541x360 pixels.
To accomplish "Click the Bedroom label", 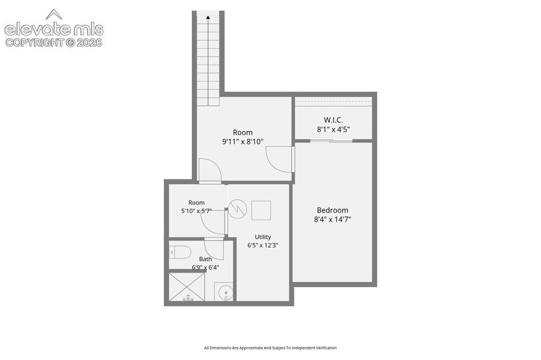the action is click(x=332, y=210).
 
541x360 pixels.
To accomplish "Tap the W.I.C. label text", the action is click(x=333, y=120).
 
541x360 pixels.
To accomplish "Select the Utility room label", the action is click(x=263, y=237).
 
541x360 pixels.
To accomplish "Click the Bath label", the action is click(x=206, y=259).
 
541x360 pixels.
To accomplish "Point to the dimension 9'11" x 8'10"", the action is click(x=242, y=141).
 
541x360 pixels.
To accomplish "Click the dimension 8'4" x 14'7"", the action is click(x=332, y=219).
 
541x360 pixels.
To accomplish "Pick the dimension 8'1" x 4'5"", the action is click(x=333, y=129).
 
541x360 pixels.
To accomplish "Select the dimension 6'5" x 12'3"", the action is click(x=263, y=245).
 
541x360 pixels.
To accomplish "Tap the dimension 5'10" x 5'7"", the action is click(x=197, y=211).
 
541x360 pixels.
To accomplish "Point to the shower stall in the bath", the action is click(x=186, y=287).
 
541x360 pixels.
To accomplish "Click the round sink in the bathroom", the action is click(x=226, y=293).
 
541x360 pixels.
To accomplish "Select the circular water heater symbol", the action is click(x=237, y=209).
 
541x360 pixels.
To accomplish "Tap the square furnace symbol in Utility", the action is click(x=261, y=210).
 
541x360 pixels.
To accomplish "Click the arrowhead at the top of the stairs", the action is click(x=208, y=17).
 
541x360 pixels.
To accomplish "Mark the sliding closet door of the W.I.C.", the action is click(x=331, y=140).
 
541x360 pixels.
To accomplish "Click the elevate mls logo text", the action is click(x=54, y=30).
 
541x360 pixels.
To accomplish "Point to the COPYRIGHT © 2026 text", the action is click(x=54, y=42).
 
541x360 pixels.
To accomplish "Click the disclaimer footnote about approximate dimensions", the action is click(x=270, y=348).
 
